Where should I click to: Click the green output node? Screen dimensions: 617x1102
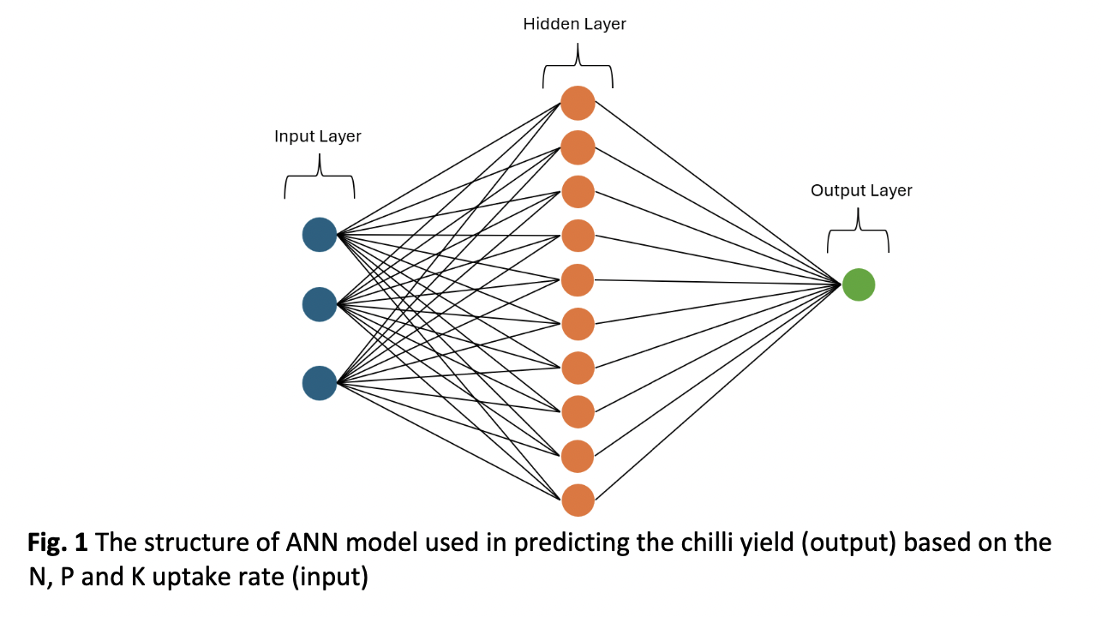click(858, 285)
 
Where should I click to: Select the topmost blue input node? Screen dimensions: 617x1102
click(320, 235)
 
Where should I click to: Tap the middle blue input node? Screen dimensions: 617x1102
click(320, 304)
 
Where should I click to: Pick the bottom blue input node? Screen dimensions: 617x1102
click(320, 382)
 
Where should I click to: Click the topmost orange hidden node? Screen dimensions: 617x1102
click(578, 104)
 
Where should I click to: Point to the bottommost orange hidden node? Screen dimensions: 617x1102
click(578, 500)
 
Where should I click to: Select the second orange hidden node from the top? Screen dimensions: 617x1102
click(578, 147)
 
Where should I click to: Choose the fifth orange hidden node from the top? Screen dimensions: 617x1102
click(578, 280)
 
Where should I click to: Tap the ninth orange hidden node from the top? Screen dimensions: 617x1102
click(578, 456)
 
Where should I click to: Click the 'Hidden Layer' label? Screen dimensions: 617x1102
click(574, 25)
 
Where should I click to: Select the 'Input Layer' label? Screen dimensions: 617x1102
click(317, 137)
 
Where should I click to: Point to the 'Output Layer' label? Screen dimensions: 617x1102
click(861, 191)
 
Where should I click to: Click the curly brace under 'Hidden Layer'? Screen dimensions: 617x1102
click(578, 73)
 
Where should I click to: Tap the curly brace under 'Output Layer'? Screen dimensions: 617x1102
click(858, 236)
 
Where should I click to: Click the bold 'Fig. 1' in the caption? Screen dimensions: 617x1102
click(57, 543)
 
